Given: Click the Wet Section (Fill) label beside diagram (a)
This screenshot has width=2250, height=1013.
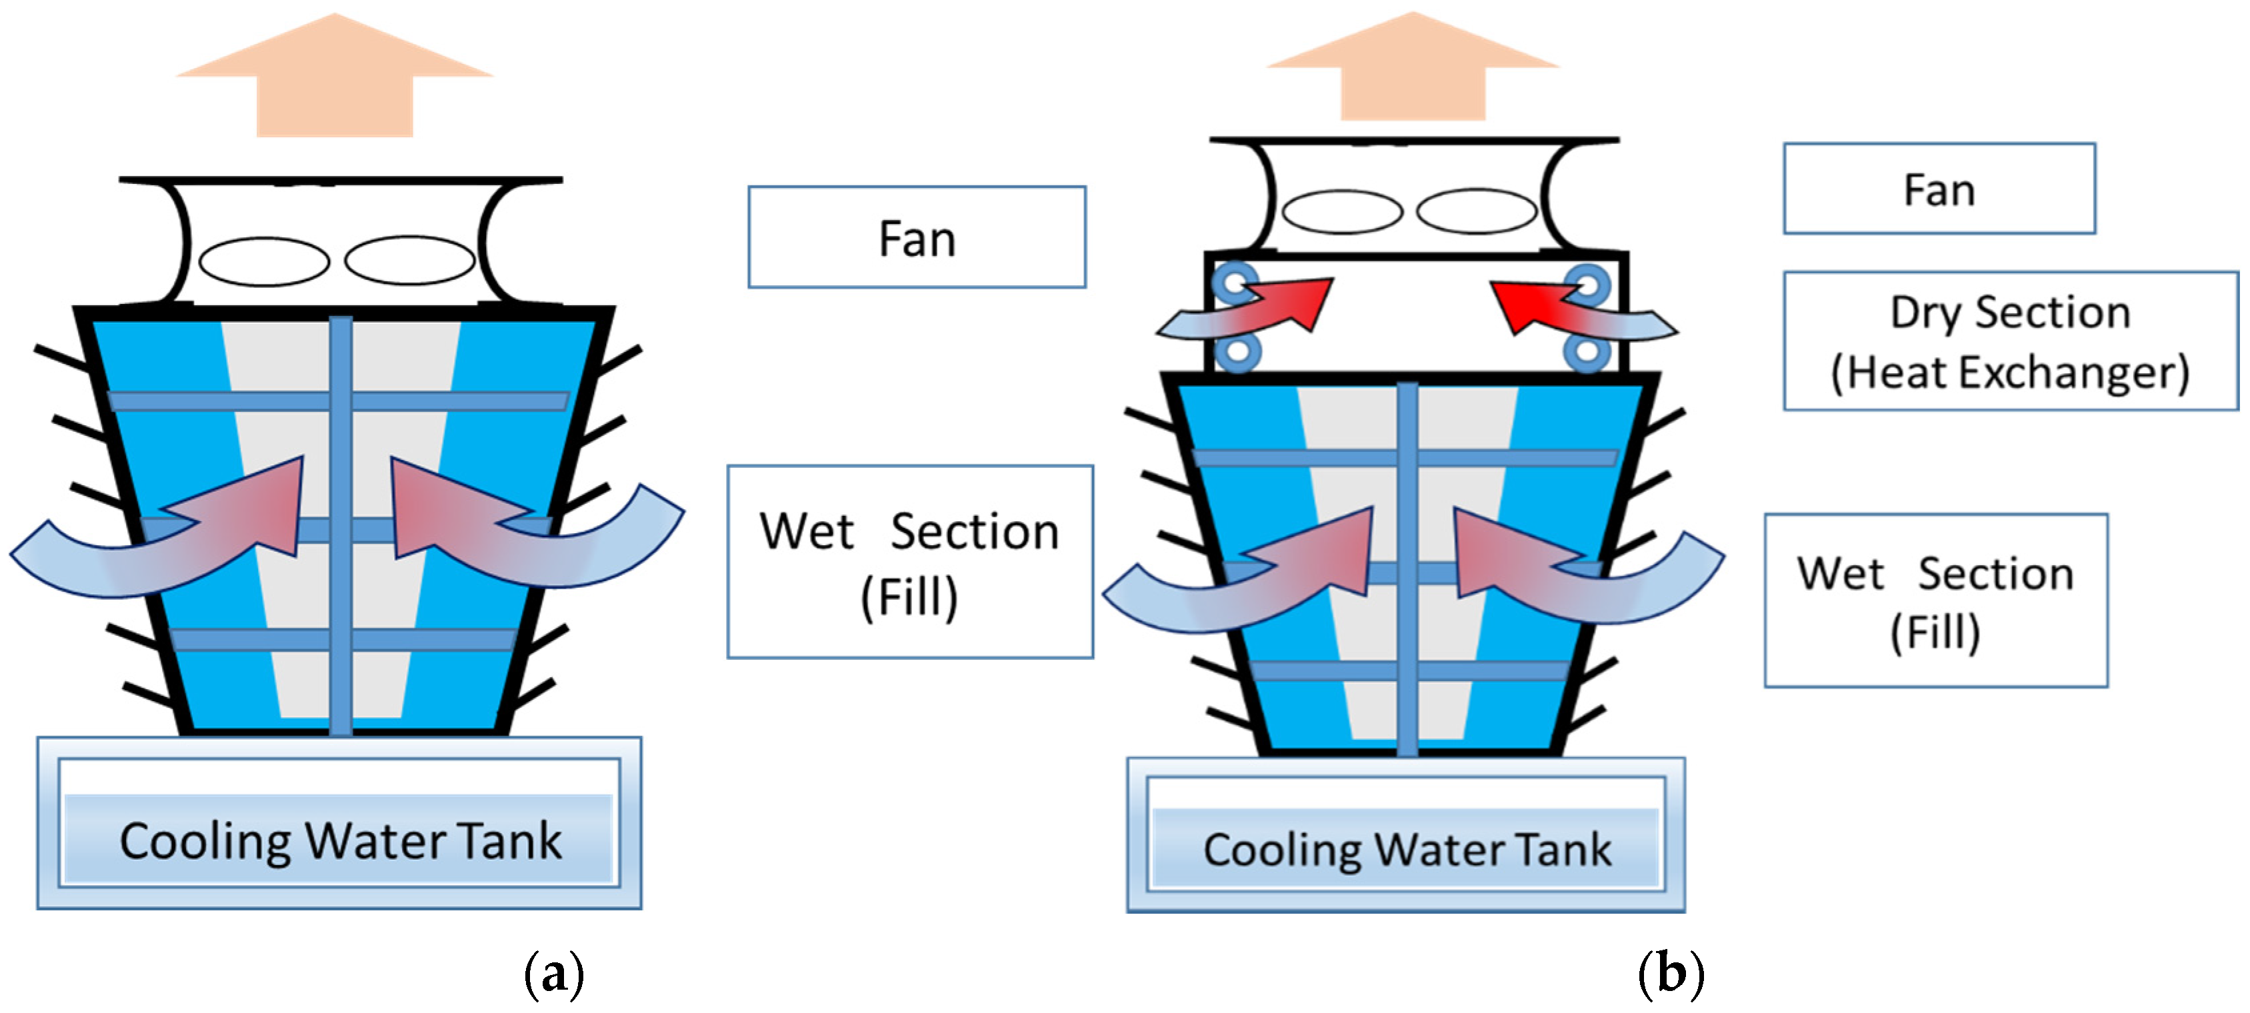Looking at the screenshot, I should [x=909, y=562].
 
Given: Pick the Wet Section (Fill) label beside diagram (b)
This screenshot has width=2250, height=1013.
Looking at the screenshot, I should [x=1935, y=601].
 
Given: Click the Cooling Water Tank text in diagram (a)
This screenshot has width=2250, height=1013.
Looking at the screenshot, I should [x=340, y=841].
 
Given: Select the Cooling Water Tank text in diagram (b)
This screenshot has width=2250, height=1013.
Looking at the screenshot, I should [x=1406, y=849].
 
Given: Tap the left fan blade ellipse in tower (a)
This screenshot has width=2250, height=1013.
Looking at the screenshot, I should [x=264, y=261].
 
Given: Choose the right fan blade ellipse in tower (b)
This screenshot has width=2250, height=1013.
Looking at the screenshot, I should [x=1476, y=211].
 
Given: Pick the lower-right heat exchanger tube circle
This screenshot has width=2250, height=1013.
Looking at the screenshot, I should [x=1587, y=353].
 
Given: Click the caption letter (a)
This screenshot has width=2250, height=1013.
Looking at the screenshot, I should [x=554, y=974].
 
